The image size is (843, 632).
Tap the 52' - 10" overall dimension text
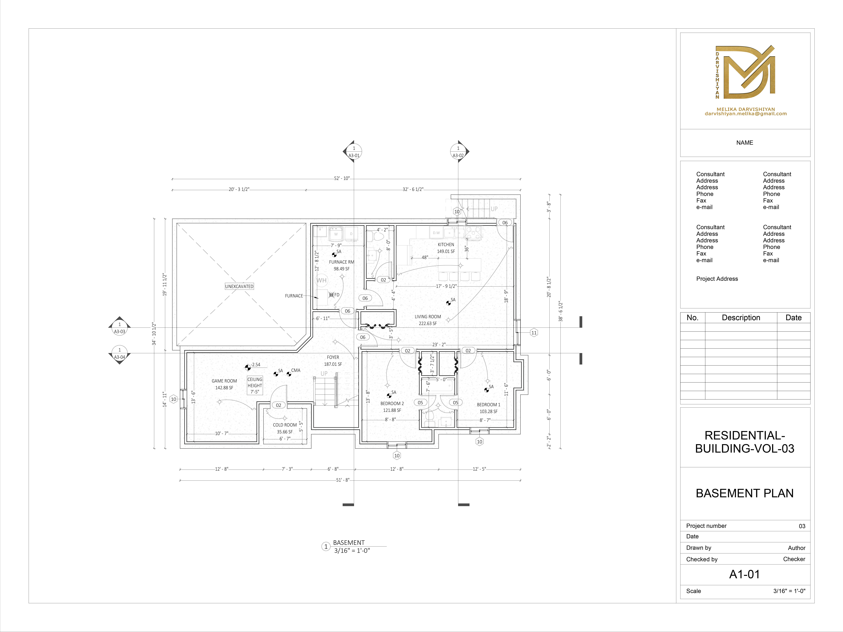pyautogui.click(x=341, y=178)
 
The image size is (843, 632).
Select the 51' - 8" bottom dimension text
pyautogui.click(x=342, y=480)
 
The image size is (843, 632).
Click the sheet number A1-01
pyautogui.click(x=744, y=574)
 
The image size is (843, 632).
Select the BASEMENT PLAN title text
pyautogui.click(x=744, y=493)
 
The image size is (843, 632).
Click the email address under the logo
pyautogui.click(x=745, y=114)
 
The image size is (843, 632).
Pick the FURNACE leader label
pyautogui.click(x=294, y=296)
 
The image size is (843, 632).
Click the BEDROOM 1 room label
pyautogui.click(x=488, y=405)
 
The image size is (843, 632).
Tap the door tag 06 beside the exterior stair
pyautogui.click(x=505, y=222)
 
